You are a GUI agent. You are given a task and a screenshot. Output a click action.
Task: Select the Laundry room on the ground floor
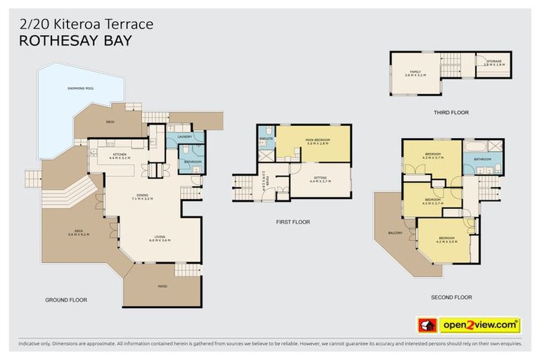click(x=184, y=136)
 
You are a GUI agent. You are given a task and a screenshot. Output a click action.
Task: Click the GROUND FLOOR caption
click(x=65, y=300)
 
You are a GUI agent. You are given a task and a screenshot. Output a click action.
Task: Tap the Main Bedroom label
click(x=318, y=140)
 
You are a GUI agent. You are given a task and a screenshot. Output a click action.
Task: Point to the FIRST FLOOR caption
click(x=292, y=221)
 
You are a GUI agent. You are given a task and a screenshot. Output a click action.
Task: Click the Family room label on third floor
click(x=416, y=73)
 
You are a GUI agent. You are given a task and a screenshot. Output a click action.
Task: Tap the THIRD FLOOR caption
click(x=451, y=112)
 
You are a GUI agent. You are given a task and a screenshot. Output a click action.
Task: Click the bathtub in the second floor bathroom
click(x=475, y=148)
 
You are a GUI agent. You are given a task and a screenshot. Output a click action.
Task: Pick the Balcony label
click(x=395, y=233)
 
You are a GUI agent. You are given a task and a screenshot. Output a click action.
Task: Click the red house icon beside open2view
click(x=427, y=325)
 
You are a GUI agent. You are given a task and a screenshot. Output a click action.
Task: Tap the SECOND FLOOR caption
click(x=450, y=297)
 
